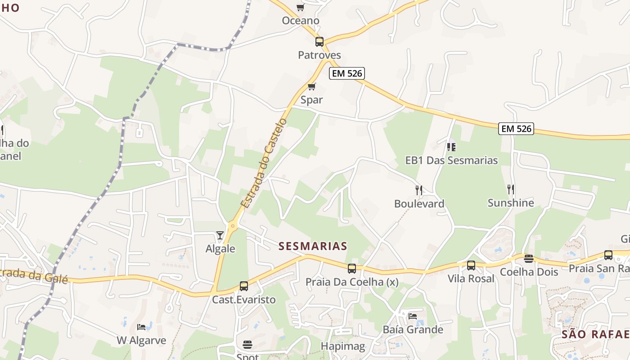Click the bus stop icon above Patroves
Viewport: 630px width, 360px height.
coord(319,42)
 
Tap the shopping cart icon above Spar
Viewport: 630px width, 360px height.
coord(311,86)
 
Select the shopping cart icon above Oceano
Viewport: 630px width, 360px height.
coord(300,7)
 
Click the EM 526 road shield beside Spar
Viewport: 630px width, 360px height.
coord(346,73)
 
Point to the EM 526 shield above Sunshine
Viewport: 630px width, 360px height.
coord(516,129)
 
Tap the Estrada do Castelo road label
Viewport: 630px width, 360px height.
coord(264,163)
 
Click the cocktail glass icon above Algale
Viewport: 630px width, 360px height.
coord(220,235)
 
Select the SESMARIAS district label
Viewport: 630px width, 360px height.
coord(313,246)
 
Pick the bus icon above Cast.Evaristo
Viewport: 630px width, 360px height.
coord(244,286)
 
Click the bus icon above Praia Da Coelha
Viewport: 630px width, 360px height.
coord(352,269)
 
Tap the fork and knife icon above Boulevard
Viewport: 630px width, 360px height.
coord(419,190)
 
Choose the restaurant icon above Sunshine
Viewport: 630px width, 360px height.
coord(511,189)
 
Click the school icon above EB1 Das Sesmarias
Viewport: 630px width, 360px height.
coord(451,147)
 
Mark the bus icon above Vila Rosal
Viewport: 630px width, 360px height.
coord(471,265)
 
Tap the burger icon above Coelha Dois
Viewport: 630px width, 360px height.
coord(529,259)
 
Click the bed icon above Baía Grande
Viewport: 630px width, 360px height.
coord(413,316)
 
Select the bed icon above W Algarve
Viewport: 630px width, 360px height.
coord(141,327)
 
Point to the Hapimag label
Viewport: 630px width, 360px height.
coord(343,346)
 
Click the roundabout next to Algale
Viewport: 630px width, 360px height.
coord(233,226)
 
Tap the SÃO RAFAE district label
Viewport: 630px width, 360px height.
coord(595,334)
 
